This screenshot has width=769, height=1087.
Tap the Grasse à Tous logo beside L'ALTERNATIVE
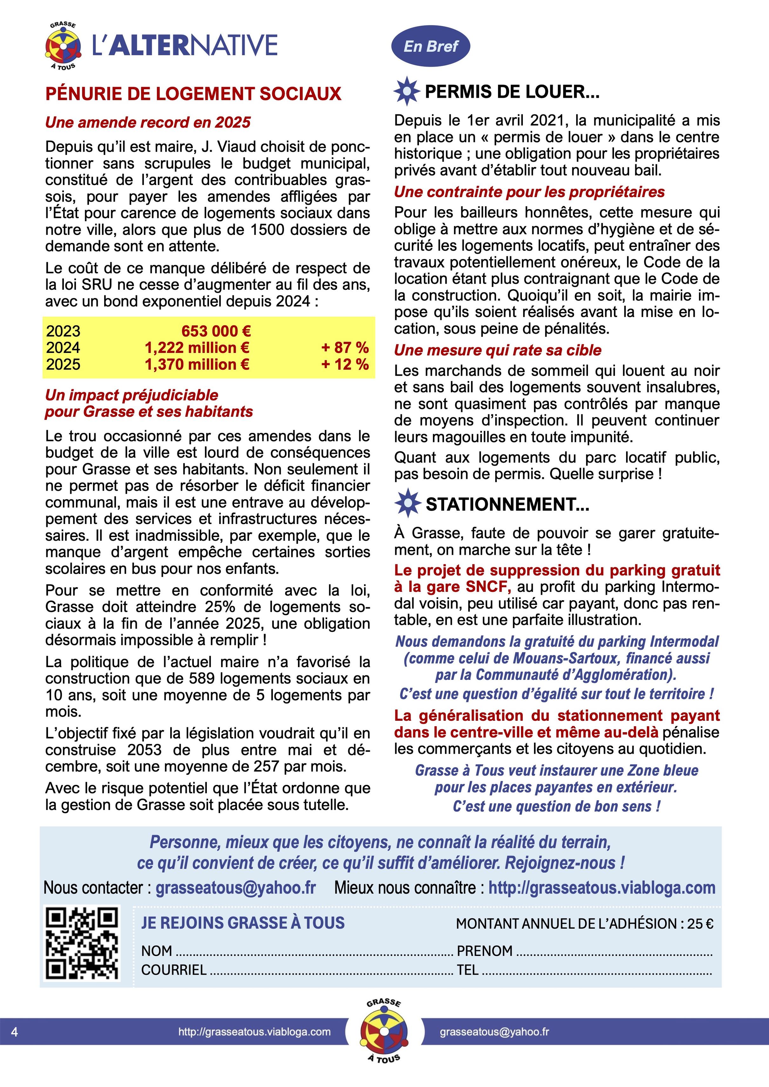coord(63,46)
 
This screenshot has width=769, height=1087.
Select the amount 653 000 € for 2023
coord(216,331)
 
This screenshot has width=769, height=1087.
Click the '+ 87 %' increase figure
coord(344,348)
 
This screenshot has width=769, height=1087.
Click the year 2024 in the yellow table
coord(63,348)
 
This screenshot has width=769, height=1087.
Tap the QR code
coord(82,942)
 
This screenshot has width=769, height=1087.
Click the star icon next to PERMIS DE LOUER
coord(407,91)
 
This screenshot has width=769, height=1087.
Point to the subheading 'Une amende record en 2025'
coord(148,122)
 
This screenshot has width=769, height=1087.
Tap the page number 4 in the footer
coord(15,1031)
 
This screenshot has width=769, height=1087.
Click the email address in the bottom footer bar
coord(494,1031)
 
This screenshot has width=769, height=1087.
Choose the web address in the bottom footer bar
coord(254,1031)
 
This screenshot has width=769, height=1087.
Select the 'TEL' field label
coord(467,970)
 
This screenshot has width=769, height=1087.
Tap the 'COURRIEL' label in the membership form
coord(173,970)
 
